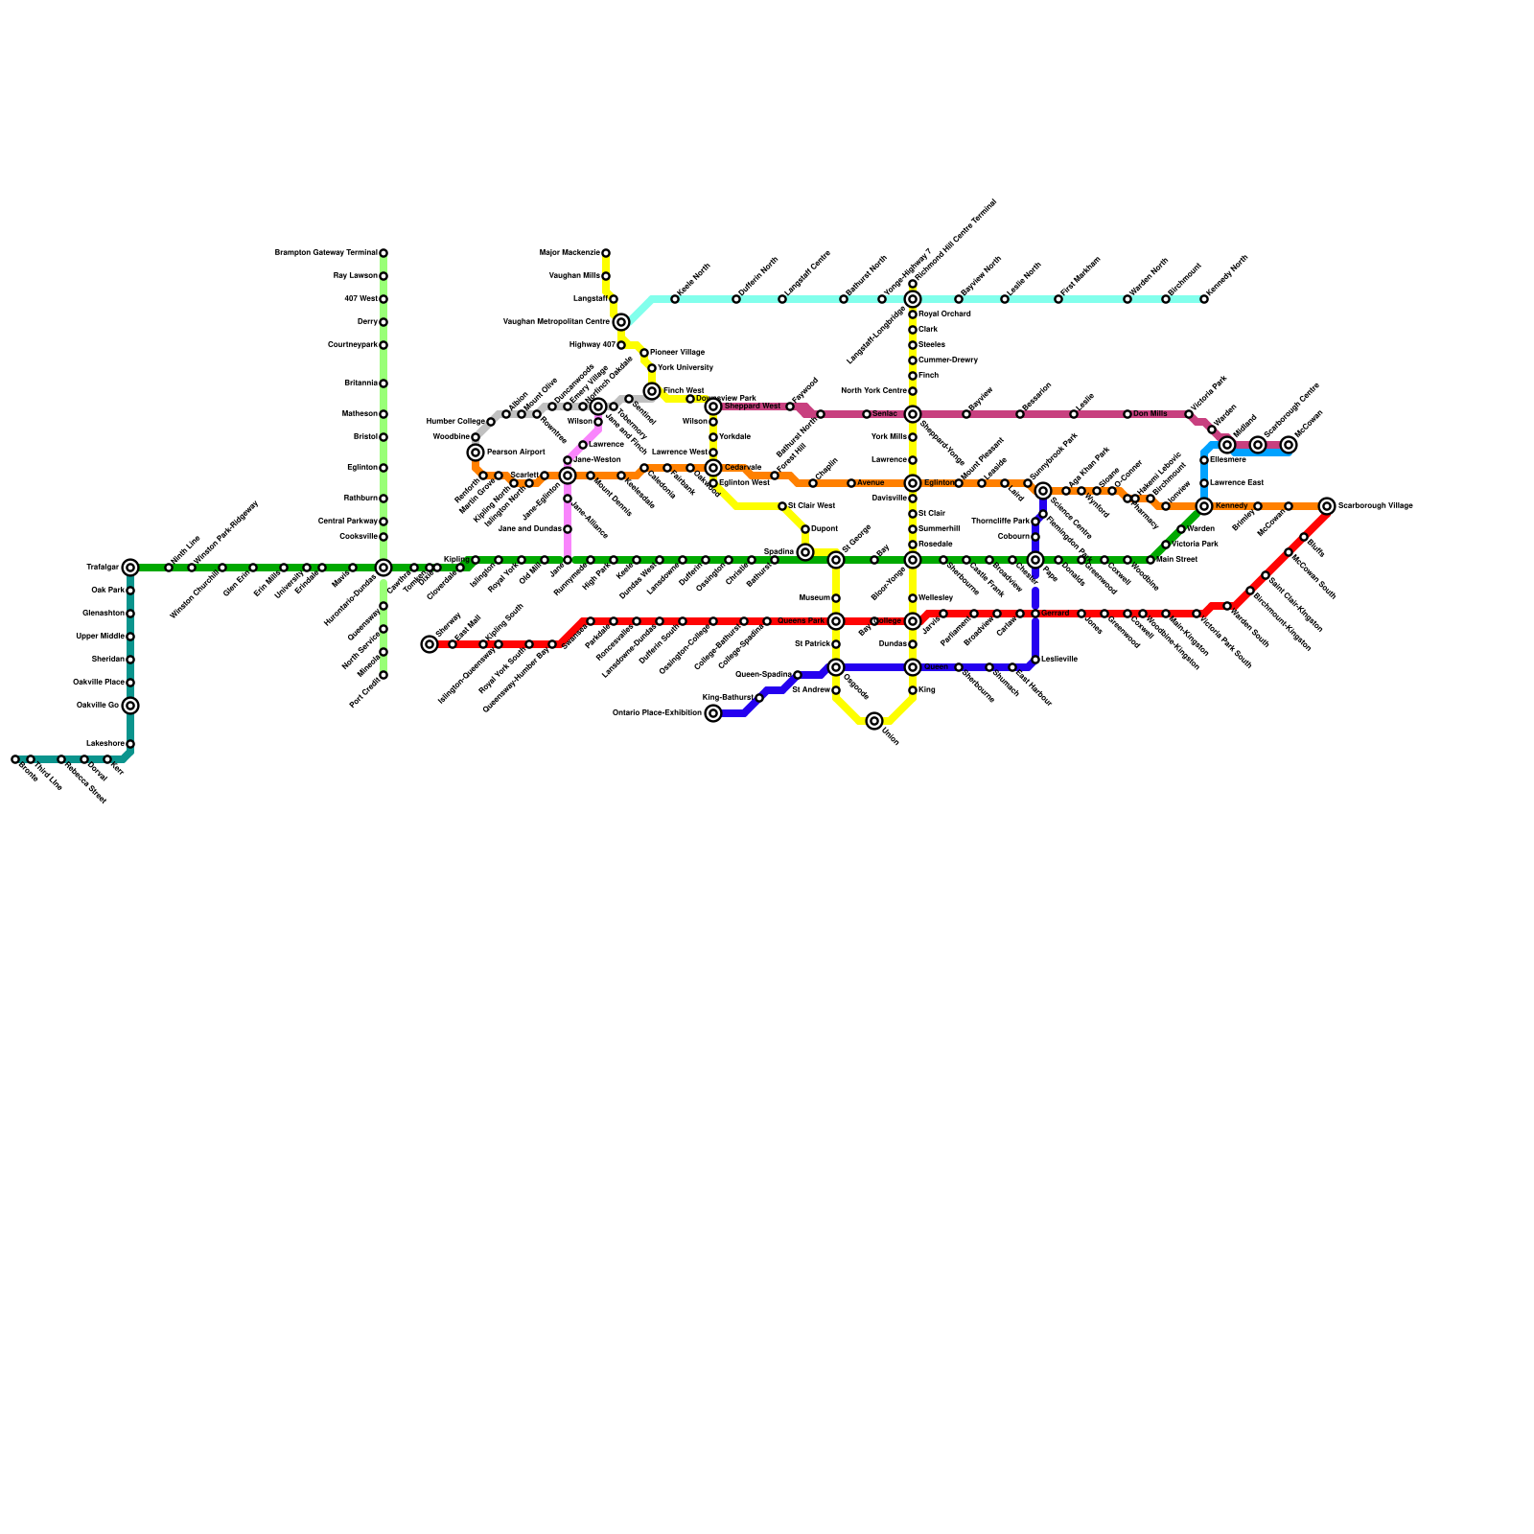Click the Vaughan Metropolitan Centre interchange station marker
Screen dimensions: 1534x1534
point(621,322)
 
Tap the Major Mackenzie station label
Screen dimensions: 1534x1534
point(569,253)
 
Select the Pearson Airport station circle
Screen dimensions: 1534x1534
point(476,453)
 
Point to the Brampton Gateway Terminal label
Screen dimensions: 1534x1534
point(326,253)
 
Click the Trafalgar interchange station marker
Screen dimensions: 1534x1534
point(130,568)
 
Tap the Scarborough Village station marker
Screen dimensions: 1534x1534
point(1327,506)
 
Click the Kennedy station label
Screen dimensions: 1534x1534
point(1231,506)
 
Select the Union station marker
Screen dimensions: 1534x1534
point(874,721)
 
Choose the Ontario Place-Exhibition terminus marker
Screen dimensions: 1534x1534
point(713,713)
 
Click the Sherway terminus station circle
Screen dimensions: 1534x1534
point(430,644)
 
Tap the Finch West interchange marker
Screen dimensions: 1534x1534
point(652,391)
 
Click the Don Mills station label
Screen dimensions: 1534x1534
point(1150,414)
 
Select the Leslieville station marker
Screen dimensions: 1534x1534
point(1035,660)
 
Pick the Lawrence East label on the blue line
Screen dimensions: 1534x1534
point(1236,483)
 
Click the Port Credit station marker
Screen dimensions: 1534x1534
point(383,675)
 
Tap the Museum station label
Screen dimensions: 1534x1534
point(815,598)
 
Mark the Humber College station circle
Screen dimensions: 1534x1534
point(491,422)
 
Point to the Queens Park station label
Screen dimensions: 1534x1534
point(801,621)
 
